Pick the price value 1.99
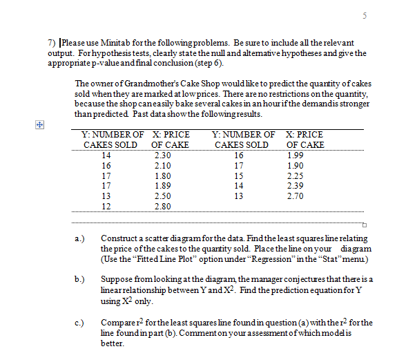295,155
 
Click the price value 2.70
295,196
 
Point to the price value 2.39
295,186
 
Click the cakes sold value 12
106,206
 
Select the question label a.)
80,238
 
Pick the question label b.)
80,278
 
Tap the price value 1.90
295,166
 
